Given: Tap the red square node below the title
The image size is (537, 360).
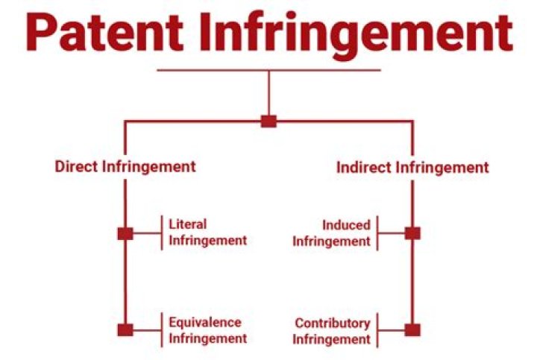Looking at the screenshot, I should (x=268, y=121).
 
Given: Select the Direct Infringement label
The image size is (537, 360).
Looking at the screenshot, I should (x=125, y=166).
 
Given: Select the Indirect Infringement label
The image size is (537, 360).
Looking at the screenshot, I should (x=412, y=167).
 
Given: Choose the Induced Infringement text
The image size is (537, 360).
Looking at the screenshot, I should (x=331, y=233).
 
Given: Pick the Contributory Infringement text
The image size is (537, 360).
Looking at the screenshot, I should (x=331, y=331).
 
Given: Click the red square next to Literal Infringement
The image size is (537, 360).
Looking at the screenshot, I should (x=125, y=233).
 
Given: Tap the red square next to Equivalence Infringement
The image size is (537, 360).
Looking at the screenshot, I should (x=125, y=329).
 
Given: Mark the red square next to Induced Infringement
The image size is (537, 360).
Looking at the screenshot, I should (x=412, y=233).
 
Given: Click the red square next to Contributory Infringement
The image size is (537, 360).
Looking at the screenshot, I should (x=412, y=329).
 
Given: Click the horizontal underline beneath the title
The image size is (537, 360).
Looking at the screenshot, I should (x=268, y=71).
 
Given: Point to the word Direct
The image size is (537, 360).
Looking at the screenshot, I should (x=75, y=166).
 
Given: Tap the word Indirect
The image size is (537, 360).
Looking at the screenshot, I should (x=363, y=167).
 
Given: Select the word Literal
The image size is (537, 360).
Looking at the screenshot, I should (x=188, y=224).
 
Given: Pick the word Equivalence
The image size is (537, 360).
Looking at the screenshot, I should (x=204, y=323).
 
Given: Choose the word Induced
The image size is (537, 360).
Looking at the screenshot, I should (x=346, y=224).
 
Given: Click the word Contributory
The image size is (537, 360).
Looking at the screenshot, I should (x=333, y=323).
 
